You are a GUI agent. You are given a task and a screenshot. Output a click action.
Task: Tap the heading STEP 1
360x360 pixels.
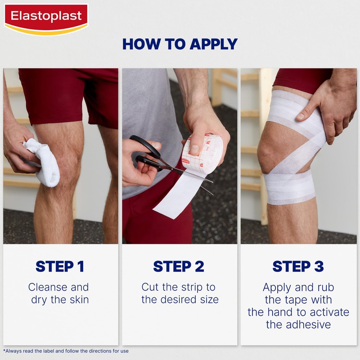click(x=60, y=266)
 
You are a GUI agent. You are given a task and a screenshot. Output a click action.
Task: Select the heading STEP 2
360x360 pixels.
click(x=179, y=266)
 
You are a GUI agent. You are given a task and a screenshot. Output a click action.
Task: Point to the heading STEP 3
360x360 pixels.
click(x=298, y=266)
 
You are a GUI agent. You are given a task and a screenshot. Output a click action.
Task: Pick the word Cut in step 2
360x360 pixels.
click(x=151, y=287)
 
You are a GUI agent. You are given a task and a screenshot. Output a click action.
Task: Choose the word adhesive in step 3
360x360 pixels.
click(x=298, y=324)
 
